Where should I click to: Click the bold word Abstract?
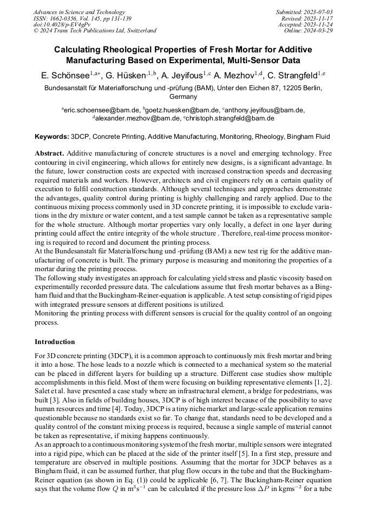coord(49,153)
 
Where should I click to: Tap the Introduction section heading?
coord(55,342)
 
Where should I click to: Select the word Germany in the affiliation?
coord(183,97)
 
